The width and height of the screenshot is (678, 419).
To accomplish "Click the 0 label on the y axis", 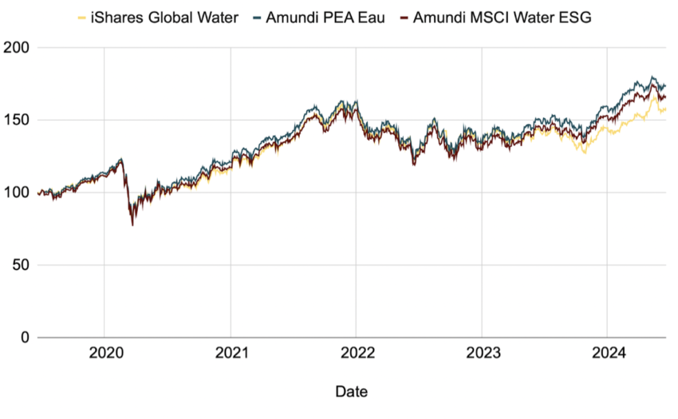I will point(26,338).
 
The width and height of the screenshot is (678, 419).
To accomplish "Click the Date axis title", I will point(352,392).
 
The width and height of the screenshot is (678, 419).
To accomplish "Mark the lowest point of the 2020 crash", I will point(132,224).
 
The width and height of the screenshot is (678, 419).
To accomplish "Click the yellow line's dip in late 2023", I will point(585,152).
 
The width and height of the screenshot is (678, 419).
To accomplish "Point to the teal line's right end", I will point(665,85).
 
